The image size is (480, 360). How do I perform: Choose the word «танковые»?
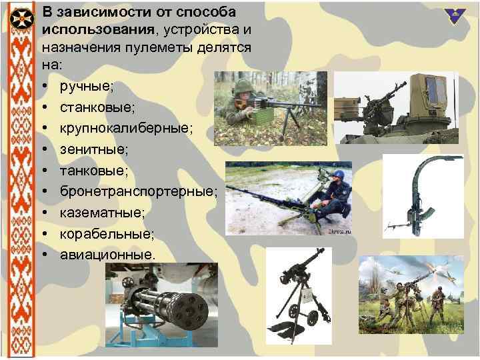92,170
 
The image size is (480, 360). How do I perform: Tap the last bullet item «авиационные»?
107,255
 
